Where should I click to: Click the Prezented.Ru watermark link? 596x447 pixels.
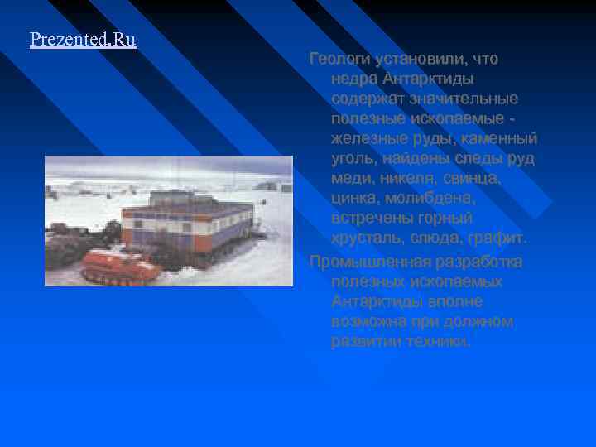tap(83, 40)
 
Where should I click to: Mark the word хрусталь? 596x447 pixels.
tap(366, 238)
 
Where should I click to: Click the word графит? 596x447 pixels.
tap(498, 238)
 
